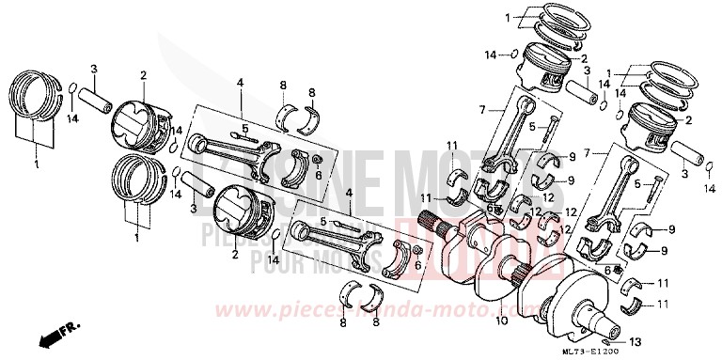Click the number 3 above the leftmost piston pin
click(x=94, y=69)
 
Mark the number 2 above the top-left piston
click(x=143, y=74)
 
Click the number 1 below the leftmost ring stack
click(x=37, y=165)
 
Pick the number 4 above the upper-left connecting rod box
click(x=240, y=83)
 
